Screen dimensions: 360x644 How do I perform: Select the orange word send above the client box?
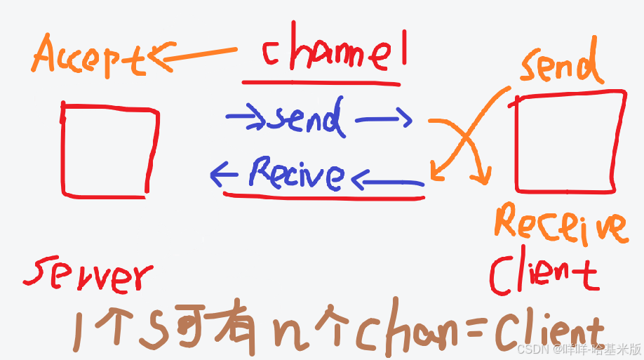[x=561, y=65]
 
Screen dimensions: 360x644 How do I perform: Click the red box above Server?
[x=108, y=149]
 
